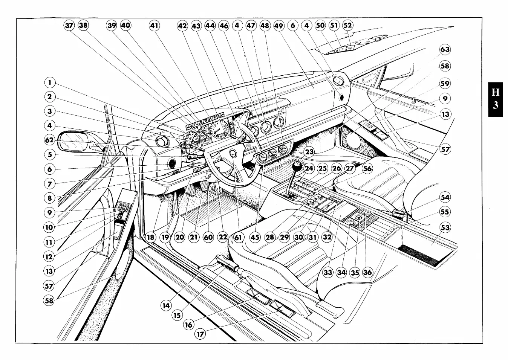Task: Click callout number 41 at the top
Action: tap(154, 26)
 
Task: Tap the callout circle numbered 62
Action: tap(49, 140)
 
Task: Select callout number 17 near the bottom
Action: tap(200, 334)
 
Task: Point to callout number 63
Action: tap(445, 49)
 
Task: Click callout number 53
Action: tap(445, 227)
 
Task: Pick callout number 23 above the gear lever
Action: tap(309, 152)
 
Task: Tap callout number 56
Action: tap(367, 168)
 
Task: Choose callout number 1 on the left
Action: tap(49, 82)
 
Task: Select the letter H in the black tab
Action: tap(496, 92)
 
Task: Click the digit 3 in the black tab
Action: tap(496, 105)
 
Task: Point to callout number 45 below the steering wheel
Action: tap(255, 237)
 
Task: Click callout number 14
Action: tap(166, 305)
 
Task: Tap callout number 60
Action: tap(208, 237)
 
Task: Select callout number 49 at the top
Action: tap(278, 26)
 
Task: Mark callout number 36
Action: tap(367, 272)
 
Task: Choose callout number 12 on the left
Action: tap(49, 257)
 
